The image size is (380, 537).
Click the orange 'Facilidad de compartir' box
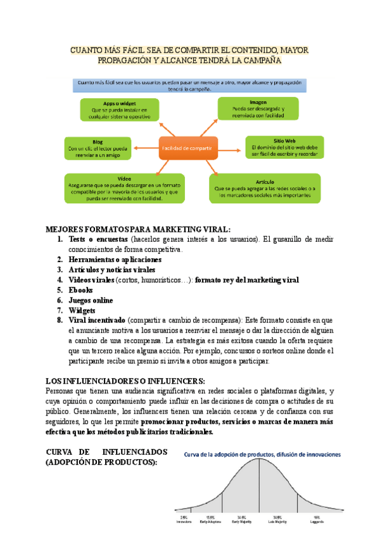(x=187, y=148)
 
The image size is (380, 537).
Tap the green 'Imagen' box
(x=258, y=109)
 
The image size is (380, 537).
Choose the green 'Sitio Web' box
(x=283, y=148)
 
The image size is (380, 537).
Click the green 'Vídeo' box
(x=124, y=188)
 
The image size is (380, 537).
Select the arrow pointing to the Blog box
(x=146, y=148)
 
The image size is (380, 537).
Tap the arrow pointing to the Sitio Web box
(x=231, y=148)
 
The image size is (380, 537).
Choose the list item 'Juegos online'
(x=91, y=300)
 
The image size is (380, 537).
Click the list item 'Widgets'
(x=82, y=310)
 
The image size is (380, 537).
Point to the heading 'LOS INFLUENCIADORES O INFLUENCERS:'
(x=125, y=381)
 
